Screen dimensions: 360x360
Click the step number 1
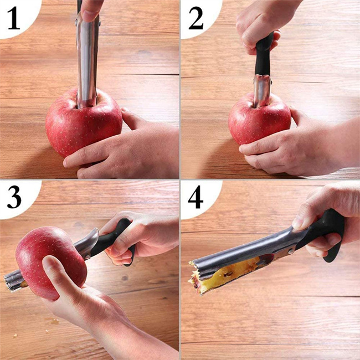click(14, 18)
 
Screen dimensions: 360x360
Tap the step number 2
click(196, 18)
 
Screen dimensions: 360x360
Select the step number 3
click(14, 197)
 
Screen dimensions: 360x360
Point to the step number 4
click(196, 197)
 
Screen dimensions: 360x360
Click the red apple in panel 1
click(84, 124)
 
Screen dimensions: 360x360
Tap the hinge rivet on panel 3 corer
click(87, 257)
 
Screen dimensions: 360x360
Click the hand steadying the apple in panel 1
click(122, 147)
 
